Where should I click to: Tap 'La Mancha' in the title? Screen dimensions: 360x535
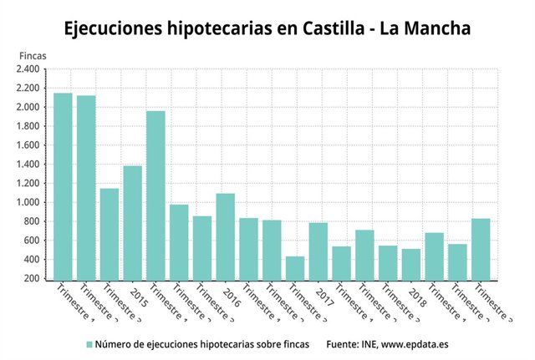click(425, 28)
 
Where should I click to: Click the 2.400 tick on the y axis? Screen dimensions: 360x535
click(27, 69)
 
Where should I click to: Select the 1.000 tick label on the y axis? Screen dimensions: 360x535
click(27, 202)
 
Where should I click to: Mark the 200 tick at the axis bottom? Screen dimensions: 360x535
click(33, 278)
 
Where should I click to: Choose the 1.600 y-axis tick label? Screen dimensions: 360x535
click(27, 145)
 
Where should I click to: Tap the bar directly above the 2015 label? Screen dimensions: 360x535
click(132, 222)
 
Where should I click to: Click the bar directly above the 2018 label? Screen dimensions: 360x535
click(411, 263)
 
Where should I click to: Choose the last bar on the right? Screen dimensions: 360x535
click(481, 248)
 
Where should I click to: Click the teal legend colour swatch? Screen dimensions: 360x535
click(89, 343)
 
